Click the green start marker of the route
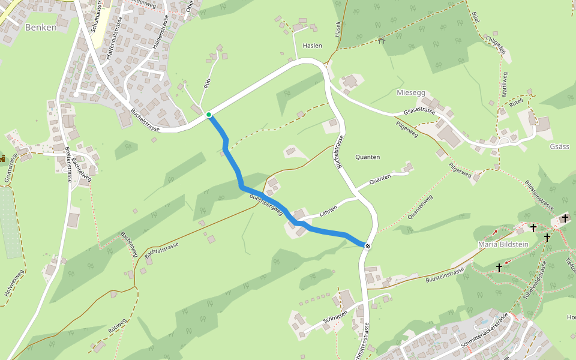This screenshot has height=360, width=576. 209,115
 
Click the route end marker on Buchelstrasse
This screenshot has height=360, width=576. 367,245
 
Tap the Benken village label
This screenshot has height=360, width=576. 41,28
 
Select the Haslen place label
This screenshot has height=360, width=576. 313,46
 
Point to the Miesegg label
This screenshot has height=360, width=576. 411,92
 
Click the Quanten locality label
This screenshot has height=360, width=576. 367,157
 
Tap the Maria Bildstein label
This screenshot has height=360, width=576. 503,244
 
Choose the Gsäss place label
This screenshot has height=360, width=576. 559,147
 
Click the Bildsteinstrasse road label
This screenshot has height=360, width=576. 445,277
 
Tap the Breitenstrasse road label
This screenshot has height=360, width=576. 69,165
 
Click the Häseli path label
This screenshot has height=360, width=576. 338,28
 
